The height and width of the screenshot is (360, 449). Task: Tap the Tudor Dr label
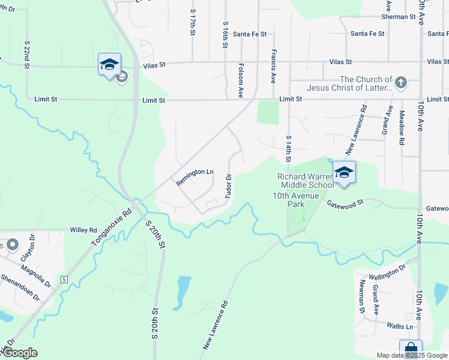point(228,186)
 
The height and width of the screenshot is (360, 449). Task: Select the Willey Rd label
point(83,230)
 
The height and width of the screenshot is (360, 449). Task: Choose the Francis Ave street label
point(273,66)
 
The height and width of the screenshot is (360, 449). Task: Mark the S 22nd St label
point(27,55)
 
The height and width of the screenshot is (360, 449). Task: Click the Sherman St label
point(399,17)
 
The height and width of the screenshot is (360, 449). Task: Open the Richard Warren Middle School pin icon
point(344,172)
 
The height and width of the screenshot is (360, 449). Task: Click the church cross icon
point(401,82)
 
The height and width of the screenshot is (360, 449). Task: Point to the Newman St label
point(363,296)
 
